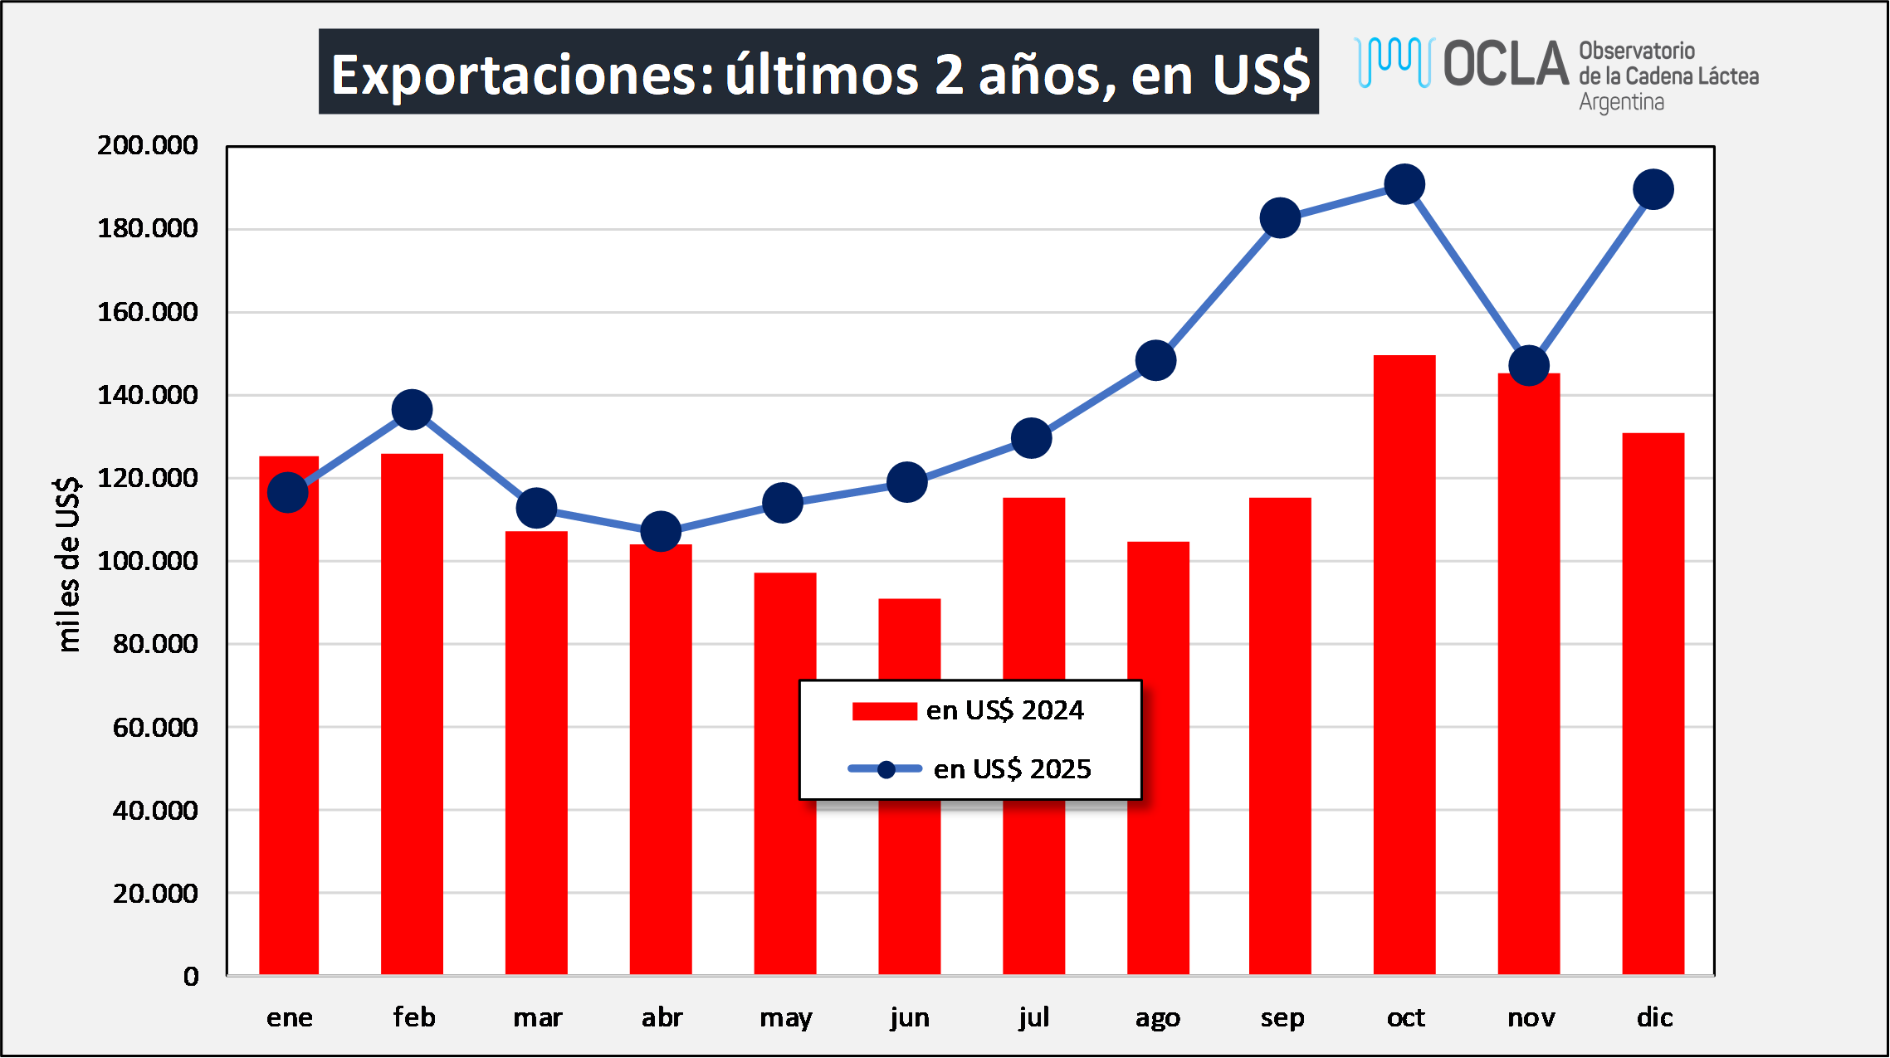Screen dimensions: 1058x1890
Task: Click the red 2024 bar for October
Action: (1404, 664)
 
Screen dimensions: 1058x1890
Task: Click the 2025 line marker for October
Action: (1404, 184)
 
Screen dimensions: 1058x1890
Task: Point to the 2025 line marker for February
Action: (412, 409)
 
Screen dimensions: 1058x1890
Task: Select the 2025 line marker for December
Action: (1653, 190)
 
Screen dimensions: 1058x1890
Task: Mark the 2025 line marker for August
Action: (1155, 360)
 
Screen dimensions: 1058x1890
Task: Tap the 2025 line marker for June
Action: (906, 482)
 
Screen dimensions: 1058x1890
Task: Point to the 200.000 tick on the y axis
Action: (148, 145)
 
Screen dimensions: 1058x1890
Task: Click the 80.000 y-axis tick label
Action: (155, 643)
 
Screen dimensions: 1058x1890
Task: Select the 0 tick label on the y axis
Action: (191, 976)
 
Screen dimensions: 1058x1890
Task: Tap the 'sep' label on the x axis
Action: (1282, 1017)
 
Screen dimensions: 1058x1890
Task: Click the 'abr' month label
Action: (662, 1017)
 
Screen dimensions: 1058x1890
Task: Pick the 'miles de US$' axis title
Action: (68, 564)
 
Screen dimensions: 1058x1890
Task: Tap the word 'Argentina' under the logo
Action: (1621, 103)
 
